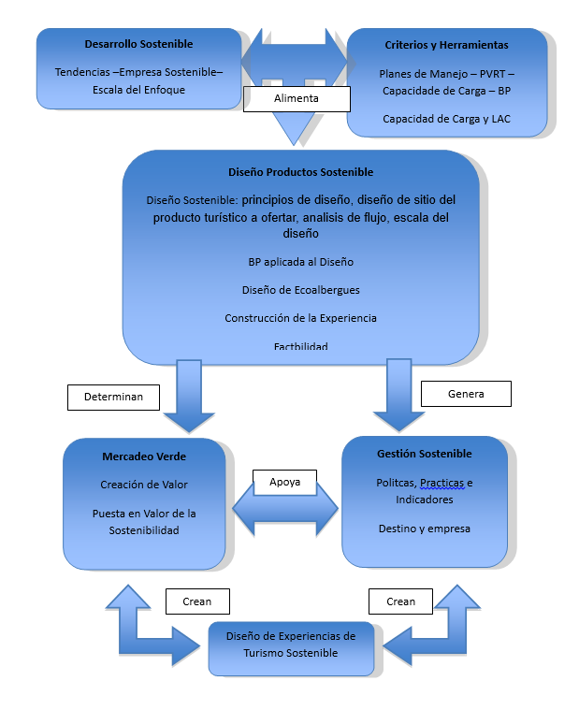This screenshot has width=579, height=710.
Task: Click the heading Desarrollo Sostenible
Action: [x=138, y=44]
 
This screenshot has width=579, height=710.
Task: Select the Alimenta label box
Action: [x=297, y=99]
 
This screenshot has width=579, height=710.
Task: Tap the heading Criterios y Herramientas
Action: [x=446, y=45]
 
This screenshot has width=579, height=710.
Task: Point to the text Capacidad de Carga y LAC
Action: [x=446, y=119]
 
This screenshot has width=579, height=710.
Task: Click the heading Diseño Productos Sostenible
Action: [x=300, y=172]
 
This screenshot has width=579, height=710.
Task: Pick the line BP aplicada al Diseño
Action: [x=300, y=262]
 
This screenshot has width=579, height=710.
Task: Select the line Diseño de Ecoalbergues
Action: [x=300, y=290]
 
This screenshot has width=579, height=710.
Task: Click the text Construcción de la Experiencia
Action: [x=300, y=318]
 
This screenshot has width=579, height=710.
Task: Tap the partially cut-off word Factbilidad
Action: [x=300, y=346]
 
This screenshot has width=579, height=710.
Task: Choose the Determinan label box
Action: [x=113, y=398]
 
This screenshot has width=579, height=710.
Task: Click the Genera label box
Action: [x=466, y=394]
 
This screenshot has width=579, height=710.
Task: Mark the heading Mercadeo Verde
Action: [x=144, y=456]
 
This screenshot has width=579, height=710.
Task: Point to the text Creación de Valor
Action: [x=144, y=485]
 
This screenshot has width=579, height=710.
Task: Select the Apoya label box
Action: [x=284, y=483]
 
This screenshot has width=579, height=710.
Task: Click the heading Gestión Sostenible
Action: [x=424, y=454]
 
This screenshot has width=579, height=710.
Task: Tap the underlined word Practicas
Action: [x=441, y=483]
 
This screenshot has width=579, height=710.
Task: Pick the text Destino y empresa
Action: [x=424, y=529]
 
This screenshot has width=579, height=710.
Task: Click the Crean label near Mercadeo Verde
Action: [x=197, y=601]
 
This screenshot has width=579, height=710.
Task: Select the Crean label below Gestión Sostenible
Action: [x=400, y=601]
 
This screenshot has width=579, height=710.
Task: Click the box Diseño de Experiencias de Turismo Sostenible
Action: [x=291, y=648]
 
